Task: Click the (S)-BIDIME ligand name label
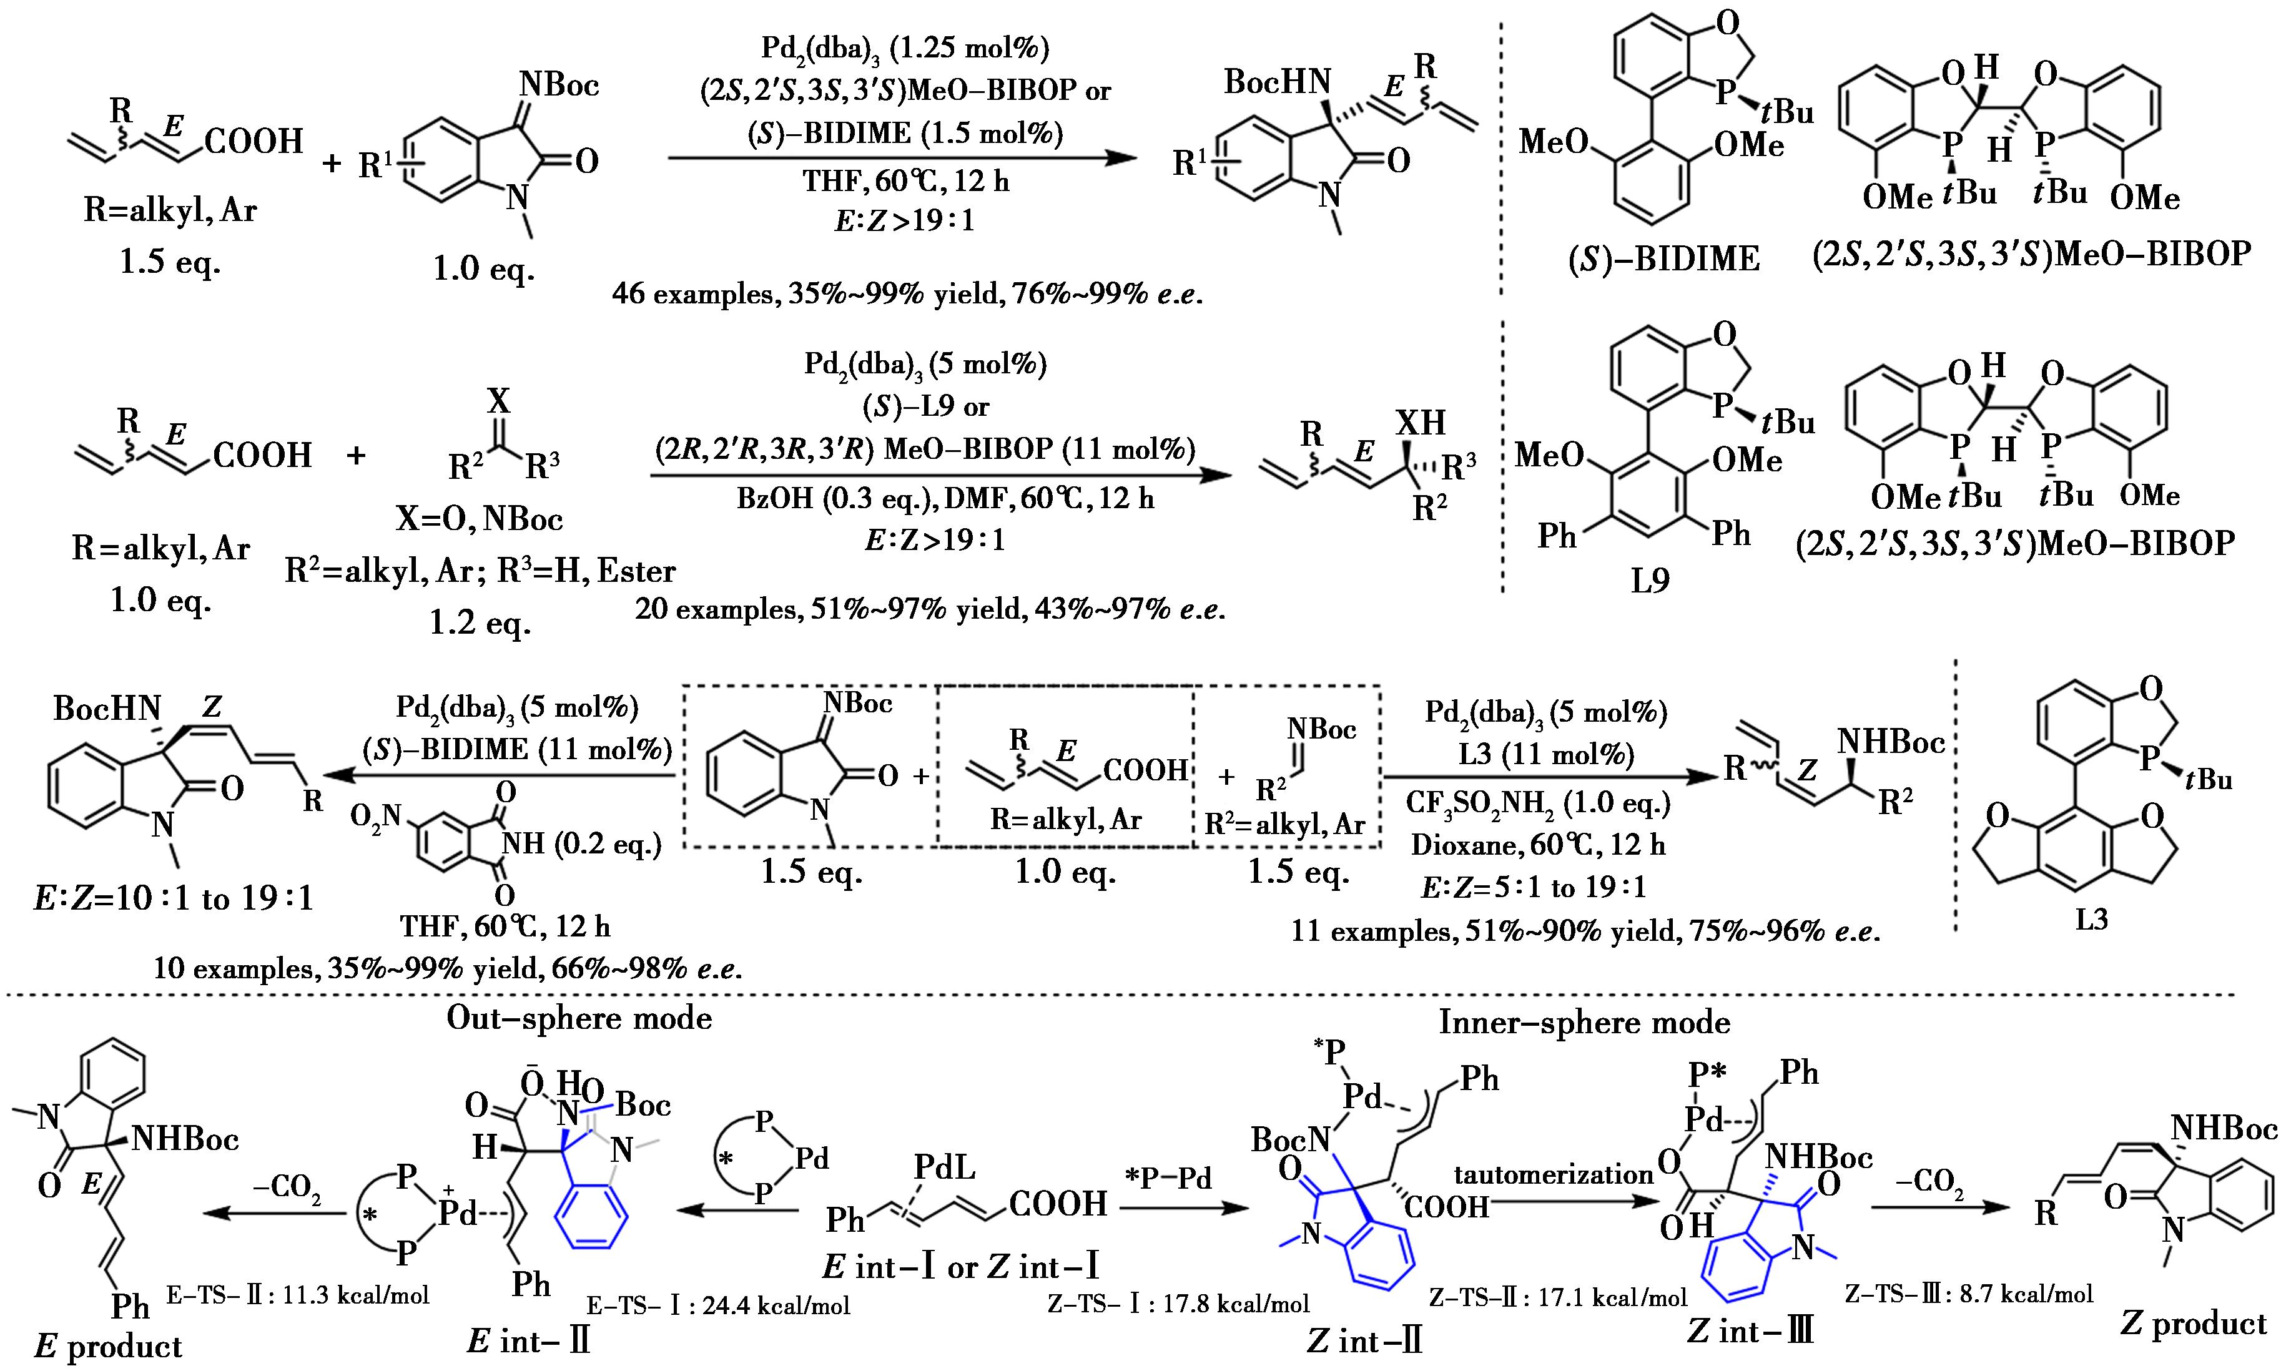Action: coord(1663,260)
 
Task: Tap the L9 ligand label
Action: coord(1650,581)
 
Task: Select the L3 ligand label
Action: coord(2092,920)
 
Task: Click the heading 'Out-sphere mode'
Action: coord(579,1018)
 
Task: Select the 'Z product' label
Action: coord(2194,1323)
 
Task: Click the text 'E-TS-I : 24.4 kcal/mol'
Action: coord(718,1304)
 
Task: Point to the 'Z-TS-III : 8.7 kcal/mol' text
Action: coord(1969,1294)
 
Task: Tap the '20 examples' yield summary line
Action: coord(930,610)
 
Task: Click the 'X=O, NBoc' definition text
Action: coord(480,519)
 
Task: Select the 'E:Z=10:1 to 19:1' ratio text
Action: coord(174,898)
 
